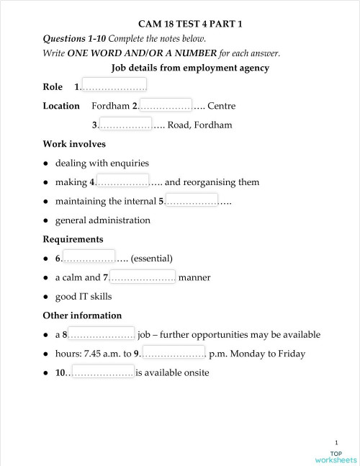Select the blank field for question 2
click(x=165, y=105)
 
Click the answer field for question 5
click(x=191, y=200)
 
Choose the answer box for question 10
click(x=100, y=372)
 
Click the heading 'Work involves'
click(x=74, y=144)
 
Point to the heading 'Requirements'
click(x=73, y=238)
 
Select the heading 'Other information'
click(x=82, y=315)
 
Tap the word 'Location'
click(x=61, y=106)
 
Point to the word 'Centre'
click(x=221, y=106)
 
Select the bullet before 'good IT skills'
click(x=46, y=296)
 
